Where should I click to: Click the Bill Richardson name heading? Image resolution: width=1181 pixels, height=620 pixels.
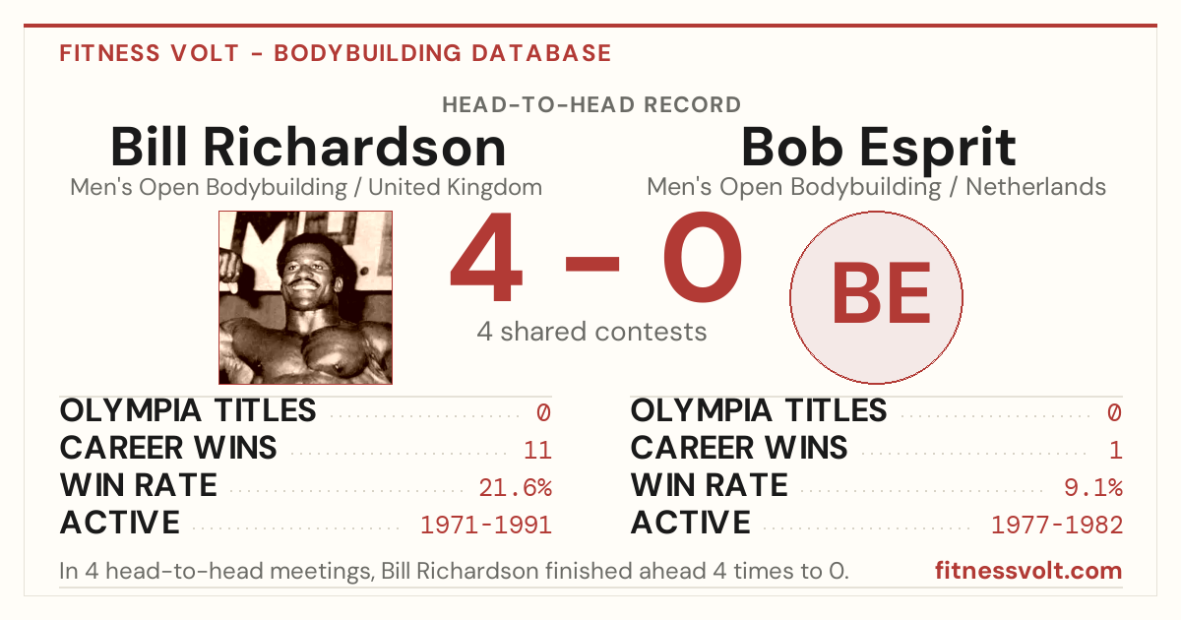click(308, 147)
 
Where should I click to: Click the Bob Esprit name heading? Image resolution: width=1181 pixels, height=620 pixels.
click(878, 150)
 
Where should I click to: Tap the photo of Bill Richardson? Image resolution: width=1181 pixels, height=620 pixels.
click(305, 297)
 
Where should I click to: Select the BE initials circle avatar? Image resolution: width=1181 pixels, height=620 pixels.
click(876, 297)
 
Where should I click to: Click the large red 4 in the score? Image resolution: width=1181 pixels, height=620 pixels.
click(486, 257)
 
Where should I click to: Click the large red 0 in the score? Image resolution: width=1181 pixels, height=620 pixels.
click(703, 257)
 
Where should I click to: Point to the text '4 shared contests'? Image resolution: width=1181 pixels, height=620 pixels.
click(591, 332)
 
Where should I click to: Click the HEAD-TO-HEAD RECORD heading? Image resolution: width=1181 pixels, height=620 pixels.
click(591, 104)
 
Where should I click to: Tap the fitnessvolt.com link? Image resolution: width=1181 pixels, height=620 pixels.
click(1028, 571)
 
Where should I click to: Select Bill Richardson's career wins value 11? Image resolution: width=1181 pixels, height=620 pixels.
click(537, 450)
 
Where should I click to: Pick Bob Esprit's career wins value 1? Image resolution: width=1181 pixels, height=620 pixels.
click(1115, 450)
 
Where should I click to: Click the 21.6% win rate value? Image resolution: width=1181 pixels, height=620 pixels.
click(515, 487)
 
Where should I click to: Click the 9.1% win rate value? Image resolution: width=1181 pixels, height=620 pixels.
click(1093, 487)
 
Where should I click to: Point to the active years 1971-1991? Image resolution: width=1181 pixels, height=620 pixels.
click(486, 525)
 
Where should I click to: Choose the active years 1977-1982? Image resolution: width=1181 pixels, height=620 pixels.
click(1057, 525)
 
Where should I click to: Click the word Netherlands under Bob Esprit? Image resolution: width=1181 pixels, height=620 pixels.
click(1035, 187)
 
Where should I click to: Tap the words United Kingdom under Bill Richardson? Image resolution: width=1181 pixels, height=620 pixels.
click(455, 187)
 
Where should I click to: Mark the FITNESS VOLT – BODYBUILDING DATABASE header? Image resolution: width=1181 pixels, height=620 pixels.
click(336, 53)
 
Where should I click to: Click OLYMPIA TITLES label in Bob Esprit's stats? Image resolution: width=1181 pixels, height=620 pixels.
click(759, 410)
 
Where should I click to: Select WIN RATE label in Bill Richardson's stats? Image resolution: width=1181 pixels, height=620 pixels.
click(139, 485)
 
